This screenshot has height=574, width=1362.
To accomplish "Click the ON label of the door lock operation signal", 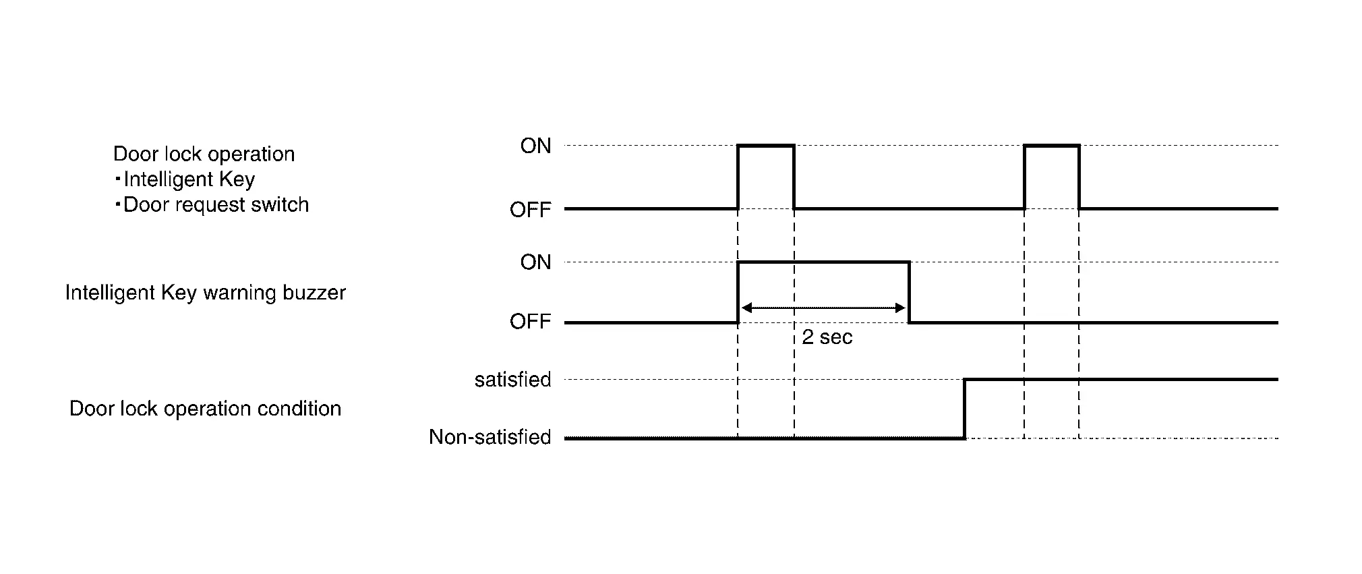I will pos(535,146).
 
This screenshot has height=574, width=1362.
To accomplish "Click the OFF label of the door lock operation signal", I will pos(531,210).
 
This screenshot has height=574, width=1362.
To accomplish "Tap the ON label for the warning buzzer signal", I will pos(535,262).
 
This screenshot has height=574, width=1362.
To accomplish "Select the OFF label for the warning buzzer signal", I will pos(531,321).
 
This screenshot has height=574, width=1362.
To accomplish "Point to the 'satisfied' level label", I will pos(512,380).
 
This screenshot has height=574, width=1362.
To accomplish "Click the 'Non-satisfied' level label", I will pos(490,437).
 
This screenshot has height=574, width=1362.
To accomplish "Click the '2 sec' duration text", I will pos(827,337).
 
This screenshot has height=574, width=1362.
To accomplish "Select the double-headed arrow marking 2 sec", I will pos(823,308).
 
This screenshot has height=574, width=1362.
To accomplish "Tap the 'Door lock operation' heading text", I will pos(204,154).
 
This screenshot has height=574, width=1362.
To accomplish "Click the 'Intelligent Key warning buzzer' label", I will pos(205,293).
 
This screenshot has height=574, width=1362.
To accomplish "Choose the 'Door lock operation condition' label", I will pos(205,409).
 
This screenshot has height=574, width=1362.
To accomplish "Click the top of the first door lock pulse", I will pos(766,145).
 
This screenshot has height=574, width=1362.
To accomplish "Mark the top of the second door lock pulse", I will pos(1051,145).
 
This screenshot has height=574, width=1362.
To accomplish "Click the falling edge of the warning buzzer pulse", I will pos(909,292).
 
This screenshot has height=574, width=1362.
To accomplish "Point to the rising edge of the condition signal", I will pos(964,409).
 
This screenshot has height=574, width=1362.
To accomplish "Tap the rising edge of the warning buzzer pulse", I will pos(738,292).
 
